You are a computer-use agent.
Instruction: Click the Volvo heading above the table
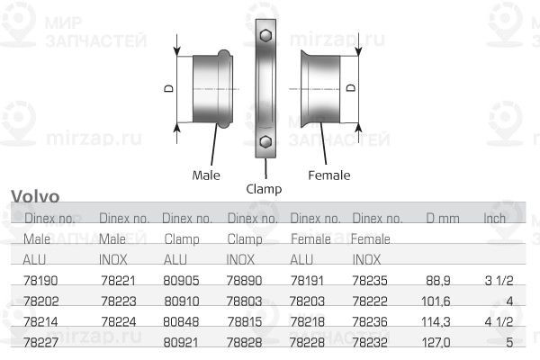point(35,196)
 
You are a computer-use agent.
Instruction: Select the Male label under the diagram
point(206,175)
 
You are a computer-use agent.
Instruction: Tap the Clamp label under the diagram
point(264,189)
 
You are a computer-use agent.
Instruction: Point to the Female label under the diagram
point(328,175)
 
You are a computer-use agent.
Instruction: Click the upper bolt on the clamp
point(265,36)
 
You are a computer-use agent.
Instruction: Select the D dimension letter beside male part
point(168,89)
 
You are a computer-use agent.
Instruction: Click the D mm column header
point(442,219)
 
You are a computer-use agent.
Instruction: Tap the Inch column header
point(495,219)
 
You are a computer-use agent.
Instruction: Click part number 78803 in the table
point(246,301)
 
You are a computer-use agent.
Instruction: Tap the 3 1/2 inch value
point(498,281)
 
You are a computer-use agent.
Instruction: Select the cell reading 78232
point(370,343)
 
